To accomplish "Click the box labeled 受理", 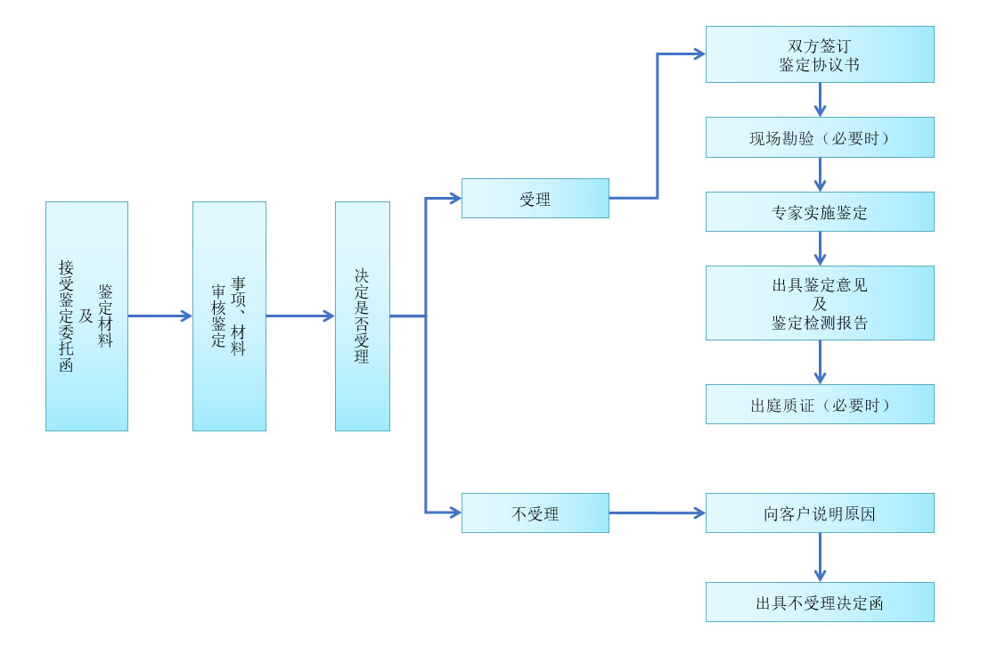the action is tap(535, 199).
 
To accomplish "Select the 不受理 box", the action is tap(535, 512).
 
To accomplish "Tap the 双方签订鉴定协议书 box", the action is tap(820, 54).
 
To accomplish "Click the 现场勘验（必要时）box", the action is tap(820, 137).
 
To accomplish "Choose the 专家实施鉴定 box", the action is tap(820, 212).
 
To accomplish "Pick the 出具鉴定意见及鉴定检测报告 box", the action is tap(820, 303).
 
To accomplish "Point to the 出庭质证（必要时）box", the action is tap(820, 404).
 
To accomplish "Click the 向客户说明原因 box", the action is tap(820, 512).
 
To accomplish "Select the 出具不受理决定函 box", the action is tap(820, 602).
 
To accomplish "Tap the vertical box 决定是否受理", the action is tap(363, 316).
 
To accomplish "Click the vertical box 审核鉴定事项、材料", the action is tap(229, 316).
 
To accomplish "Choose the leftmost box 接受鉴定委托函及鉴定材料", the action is tap(86, 316).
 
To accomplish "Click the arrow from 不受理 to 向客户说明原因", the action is tap(658, 512).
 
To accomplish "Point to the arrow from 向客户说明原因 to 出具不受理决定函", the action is tap(820, 557).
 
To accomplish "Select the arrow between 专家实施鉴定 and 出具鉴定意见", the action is tap(820, 249).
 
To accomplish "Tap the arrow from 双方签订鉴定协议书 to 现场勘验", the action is tap(820, 100).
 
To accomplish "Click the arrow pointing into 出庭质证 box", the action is tap(820, 362).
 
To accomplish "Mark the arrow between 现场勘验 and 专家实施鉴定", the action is tap(820, 175).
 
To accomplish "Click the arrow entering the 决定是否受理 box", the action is tap(301, 316).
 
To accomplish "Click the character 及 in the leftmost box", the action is tap(86, 316).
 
